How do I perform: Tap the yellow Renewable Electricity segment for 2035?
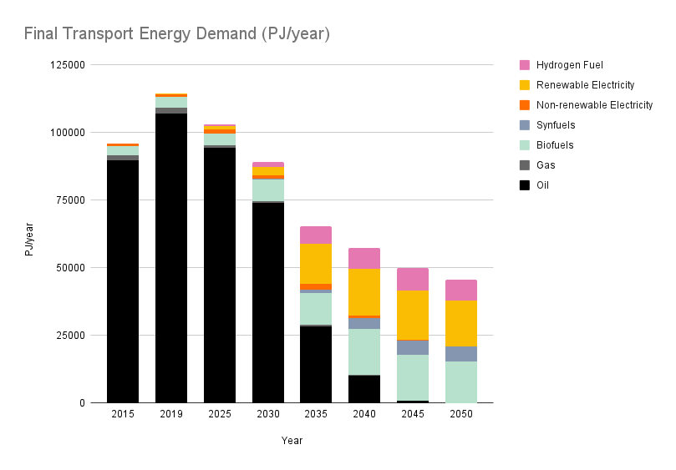click(316, 264)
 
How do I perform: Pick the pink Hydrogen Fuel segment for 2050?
click(461, 290)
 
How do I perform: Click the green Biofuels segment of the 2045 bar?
click(413, 377)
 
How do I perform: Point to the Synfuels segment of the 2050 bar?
click(461, 354)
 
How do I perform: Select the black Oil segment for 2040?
click(364, 389)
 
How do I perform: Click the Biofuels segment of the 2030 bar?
click(268, 190)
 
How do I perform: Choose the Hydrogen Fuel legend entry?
click(569, 65)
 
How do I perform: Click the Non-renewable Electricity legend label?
click(594, 105)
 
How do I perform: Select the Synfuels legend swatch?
click(525, 125)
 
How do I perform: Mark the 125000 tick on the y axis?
click(68, 65)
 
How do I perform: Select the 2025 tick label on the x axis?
click(220, 415)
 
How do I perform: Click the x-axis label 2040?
click(364, 415)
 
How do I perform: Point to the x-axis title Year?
click(292, 441)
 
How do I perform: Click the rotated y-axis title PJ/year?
click(29, 235)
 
